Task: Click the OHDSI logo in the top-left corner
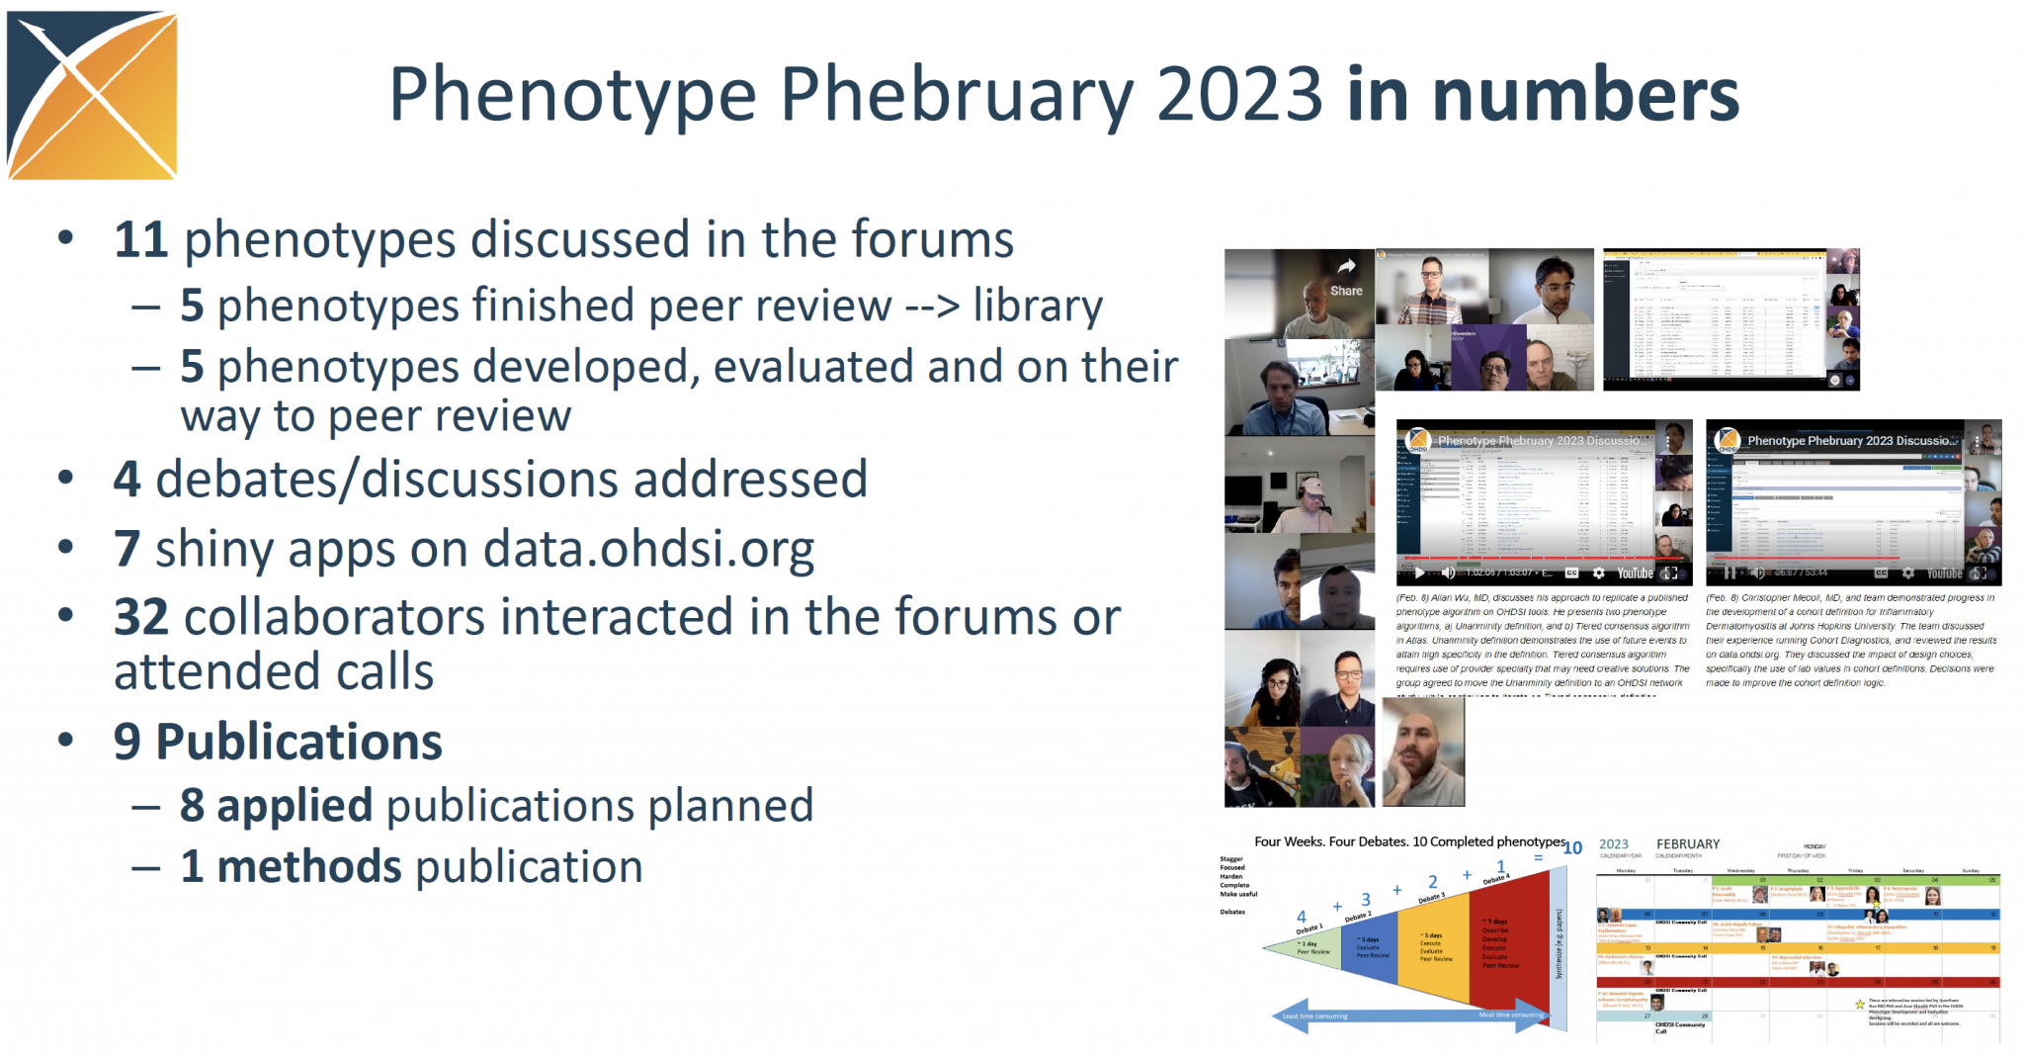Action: point(92,95)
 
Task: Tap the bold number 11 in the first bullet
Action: point(140,240)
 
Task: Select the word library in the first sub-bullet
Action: point(1038,307)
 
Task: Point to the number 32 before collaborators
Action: point(140,618)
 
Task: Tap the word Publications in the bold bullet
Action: point(298,742)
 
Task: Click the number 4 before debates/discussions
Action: point(126,481)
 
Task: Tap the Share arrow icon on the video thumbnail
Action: point(1346,267)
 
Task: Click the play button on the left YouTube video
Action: point(1419,573)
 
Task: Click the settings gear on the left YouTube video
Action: point(1598,573)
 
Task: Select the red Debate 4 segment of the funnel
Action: point(1506,939)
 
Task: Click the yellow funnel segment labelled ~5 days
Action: point(1435,944)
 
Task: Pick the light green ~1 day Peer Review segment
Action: point(1310,947)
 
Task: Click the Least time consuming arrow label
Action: point(1314,1016)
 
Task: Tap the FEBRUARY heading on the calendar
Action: point(1688,844)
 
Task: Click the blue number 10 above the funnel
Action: point(1572,847)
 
